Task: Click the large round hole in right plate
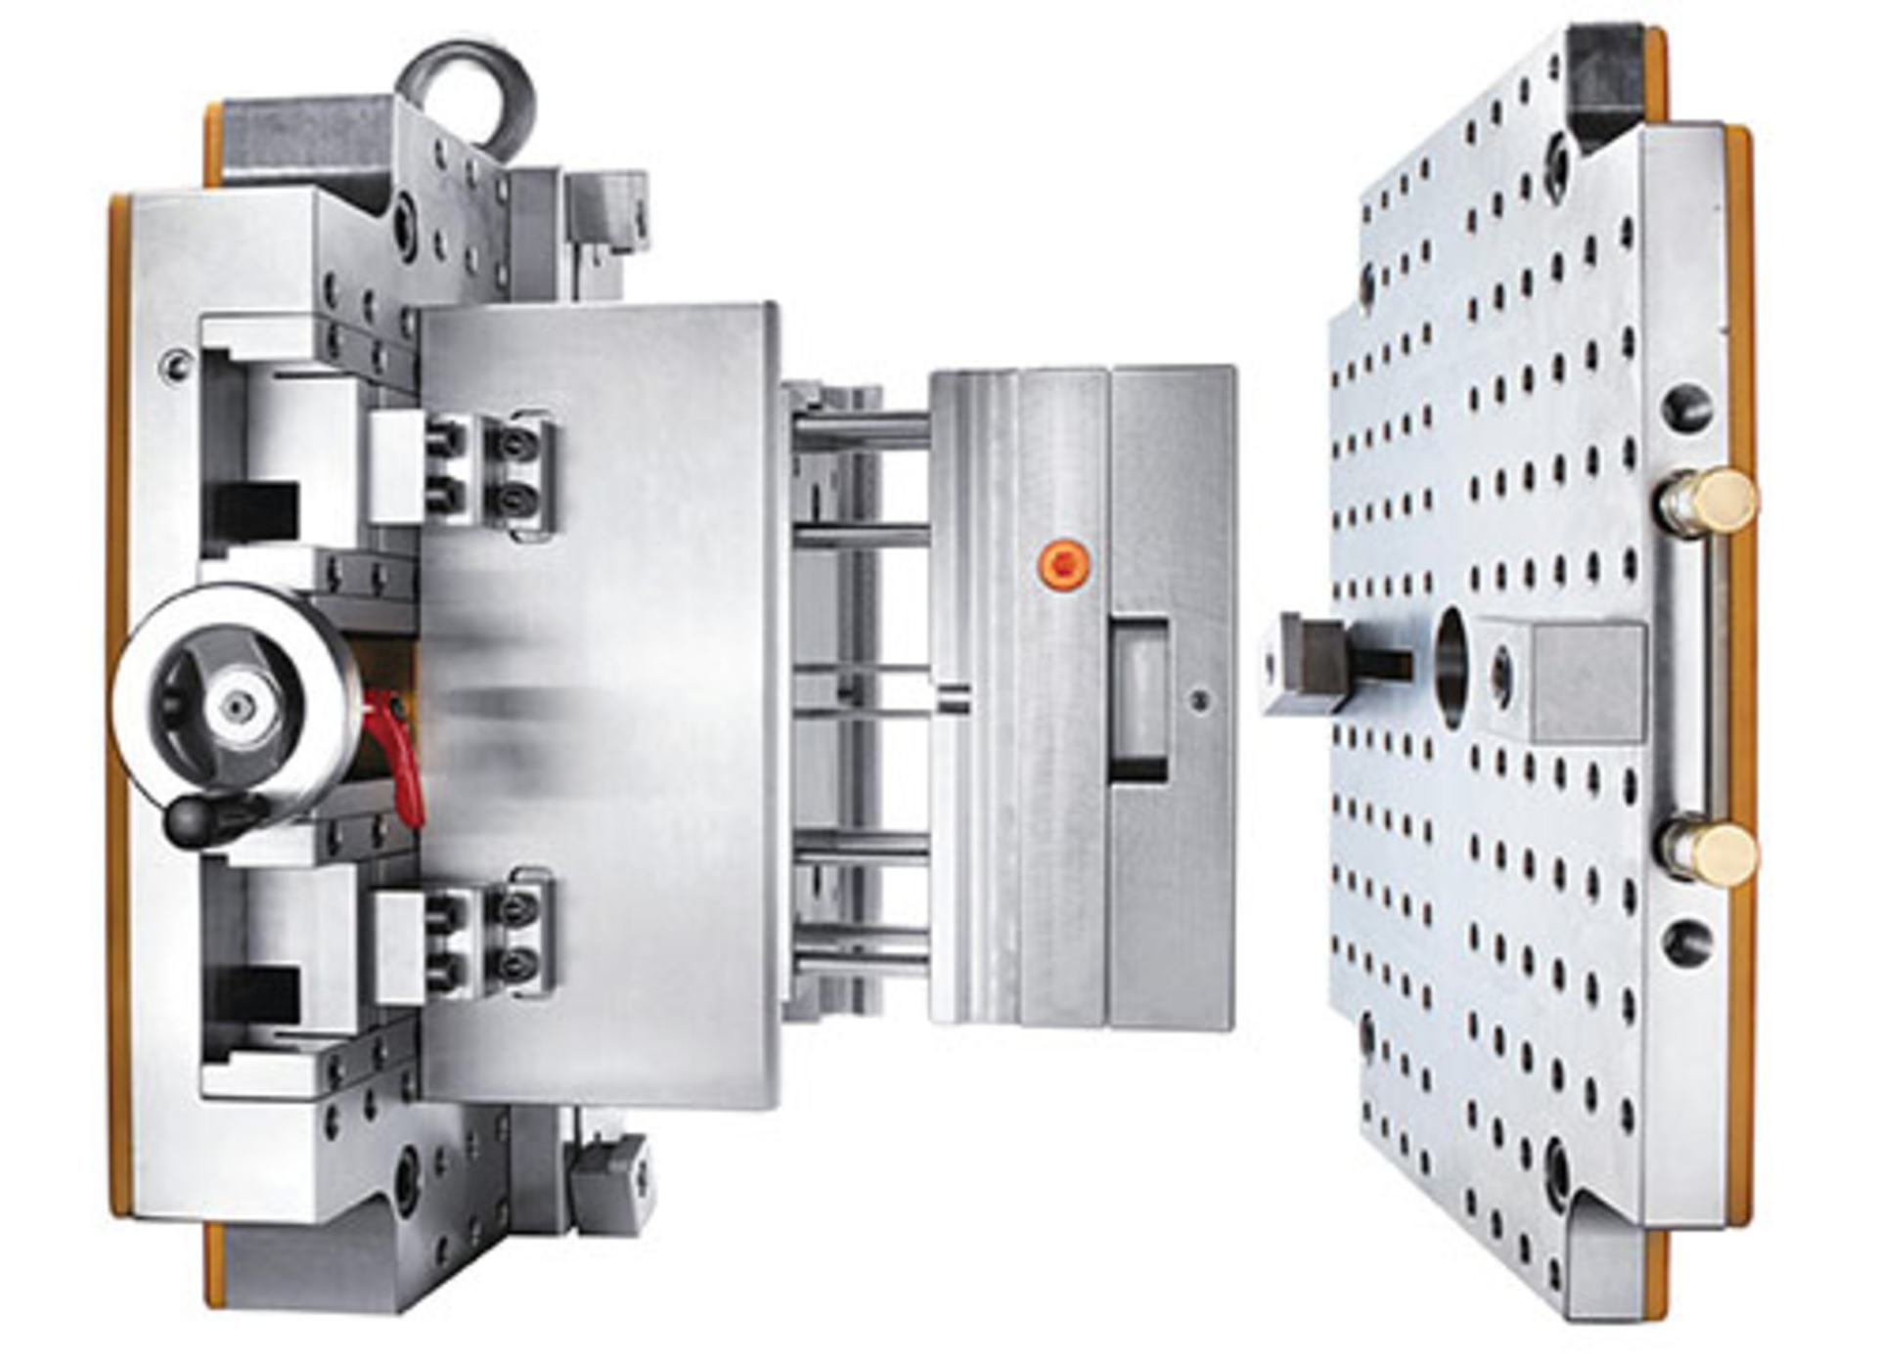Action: [1452, 667]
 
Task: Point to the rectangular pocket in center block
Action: [1140, 700]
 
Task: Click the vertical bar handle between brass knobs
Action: [1690, 677]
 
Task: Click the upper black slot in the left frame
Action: [254, 511]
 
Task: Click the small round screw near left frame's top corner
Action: [176, 366]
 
